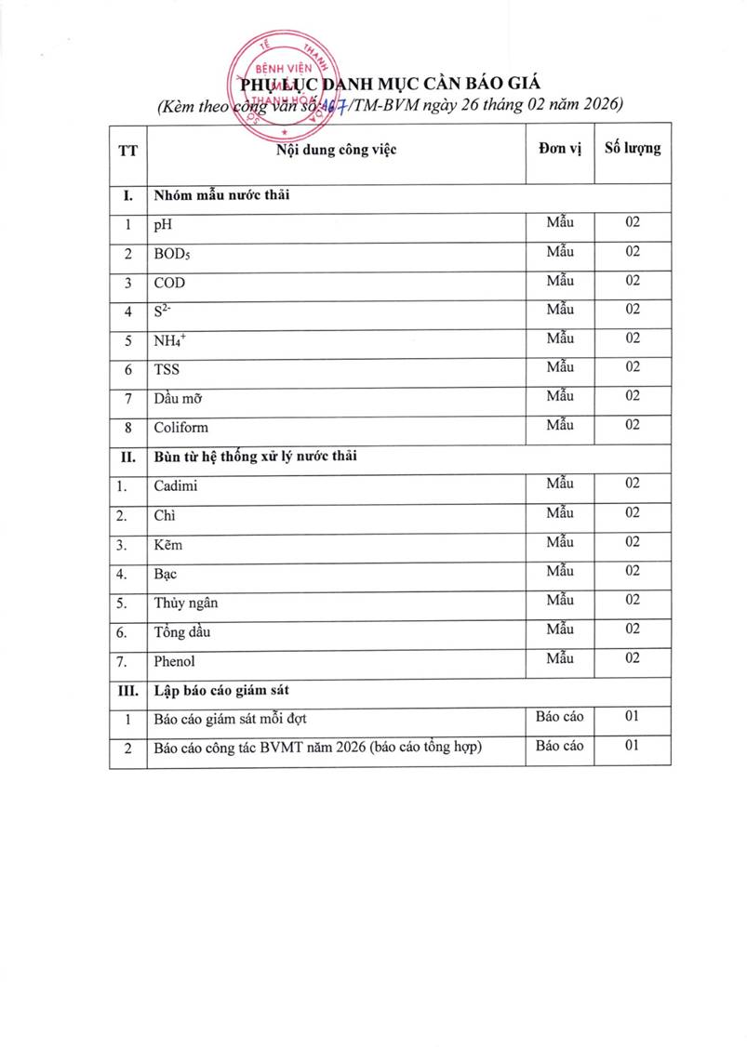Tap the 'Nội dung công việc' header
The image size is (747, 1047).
[337, 151]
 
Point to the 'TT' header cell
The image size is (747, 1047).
[127, 151]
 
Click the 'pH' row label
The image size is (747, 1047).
[163, 225]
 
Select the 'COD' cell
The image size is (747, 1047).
[169, 283]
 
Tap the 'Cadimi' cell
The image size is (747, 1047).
[175, 485]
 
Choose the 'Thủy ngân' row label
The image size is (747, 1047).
[186, 603]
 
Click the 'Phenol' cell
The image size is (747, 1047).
[175, 661]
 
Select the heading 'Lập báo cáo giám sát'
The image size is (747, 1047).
[221, 691]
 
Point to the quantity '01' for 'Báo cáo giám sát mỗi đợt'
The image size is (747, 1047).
[633, 716]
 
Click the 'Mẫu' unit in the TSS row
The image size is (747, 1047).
[560, 366]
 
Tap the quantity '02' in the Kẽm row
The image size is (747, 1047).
[633, 541]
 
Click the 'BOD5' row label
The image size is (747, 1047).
[172, 254]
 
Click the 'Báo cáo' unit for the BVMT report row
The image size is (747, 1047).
[560, 745]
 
